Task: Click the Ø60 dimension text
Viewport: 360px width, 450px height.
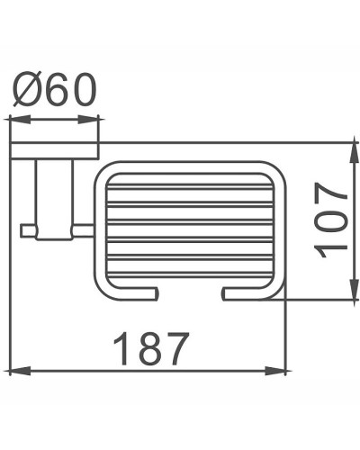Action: tap(55, 90)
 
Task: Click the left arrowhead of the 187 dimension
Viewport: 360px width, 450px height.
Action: tap(16, 371)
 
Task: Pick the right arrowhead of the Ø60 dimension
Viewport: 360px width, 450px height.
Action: tap(95, 118)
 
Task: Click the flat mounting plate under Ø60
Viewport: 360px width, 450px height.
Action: tap(55, 150)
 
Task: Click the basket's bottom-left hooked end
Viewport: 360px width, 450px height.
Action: tap(153, 292)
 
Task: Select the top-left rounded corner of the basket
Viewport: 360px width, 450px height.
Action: tap(102, 172)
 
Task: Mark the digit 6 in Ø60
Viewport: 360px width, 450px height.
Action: tap(55, 90)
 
